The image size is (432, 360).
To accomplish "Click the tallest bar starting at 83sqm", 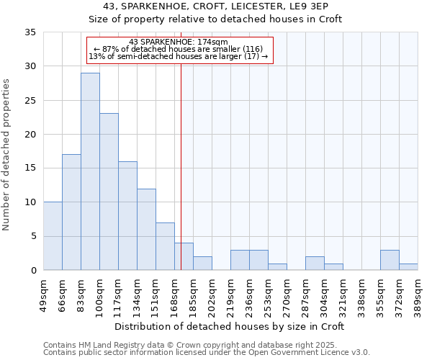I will click(x=90, y=171).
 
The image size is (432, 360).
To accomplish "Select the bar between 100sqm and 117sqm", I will click(x=109, y=192).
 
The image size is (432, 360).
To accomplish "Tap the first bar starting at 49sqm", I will click(x=53, y=236).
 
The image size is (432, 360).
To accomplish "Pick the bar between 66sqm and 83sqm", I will click(x=71, y=212).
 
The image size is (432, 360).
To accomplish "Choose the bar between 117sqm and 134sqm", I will click(x=127, y=216).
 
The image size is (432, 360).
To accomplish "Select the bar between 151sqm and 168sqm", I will click(x=165, y=246).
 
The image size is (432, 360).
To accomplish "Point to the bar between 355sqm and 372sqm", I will click(x=390, y=260).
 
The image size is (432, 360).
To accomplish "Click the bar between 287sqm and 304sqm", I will click(x=315, y=264).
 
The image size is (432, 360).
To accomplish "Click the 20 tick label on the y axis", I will click(x=30, y=135).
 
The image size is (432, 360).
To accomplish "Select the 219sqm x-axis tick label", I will click(x=230, y=295).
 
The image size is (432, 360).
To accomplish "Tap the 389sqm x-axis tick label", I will click(x=418, y=295).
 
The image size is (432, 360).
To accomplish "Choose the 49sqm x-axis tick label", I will click(x=43, y=295).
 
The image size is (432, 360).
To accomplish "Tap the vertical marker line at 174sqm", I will click(x=181, y=166).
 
